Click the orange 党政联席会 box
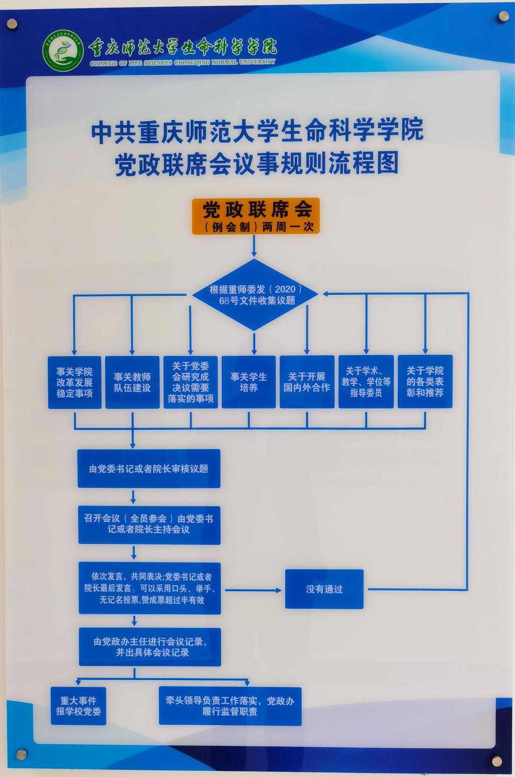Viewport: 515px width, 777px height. [255, 216]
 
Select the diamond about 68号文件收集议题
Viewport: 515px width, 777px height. [256, 295]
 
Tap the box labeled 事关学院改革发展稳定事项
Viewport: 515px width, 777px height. [74, 382]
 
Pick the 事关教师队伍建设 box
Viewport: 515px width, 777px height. [132, 382]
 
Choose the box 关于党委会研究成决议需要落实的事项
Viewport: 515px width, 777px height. [190, 382]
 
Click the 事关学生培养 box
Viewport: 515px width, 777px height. [248, 382]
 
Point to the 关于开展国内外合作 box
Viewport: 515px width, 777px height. [307, 382]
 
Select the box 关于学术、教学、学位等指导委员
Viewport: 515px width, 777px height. [366, 382]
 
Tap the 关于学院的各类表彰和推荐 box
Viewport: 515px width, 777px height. [425, 382]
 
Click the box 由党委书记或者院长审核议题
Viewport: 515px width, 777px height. [149, 469]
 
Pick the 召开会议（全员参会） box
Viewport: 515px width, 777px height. [149, 524]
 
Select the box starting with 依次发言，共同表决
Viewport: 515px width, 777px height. [149, 588]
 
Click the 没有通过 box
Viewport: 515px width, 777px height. [324, 589]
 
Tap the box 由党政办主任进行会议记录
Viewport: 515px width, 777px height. [150, 647]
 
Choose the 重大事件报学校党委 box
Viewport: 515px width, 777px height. [78, 706]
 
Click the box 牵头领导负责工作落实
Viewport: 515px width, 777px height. [230, 706]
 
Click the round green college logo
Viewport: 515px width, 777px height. [63, 51]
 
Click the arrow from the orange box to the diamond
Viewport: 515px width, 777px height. [254, 246]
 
